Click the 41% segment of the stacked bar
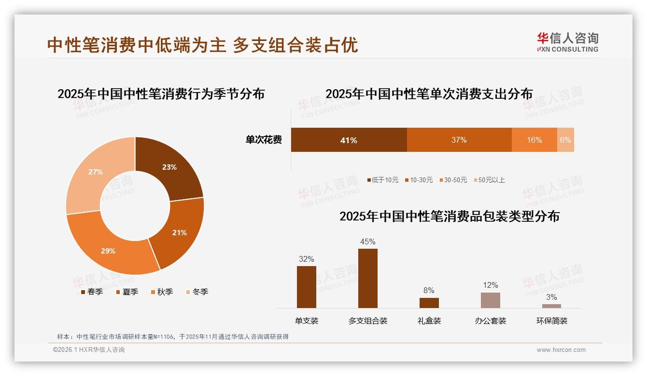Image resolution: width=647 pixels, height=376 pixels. click(349, 140)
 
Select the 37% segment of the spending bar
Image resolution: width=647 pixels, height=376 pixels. click(459, 140)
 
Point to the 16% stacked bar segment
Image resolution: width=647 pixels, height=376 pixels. click(534, 140)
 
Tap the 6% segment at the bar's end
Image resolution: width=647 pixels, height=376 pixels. click(565, 140)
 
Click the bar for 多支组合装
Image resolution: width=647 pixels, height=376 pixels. click(368, 278)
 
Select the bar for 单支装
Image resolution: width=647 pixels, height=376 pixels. click(307, 287)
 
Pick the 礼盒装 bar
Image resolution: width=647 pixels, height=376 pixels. click(429, 303)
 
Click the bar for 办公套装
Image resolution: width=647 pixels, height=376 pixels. click(490, 300)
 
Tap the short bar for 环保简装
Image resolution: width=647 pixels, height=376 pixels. click(551, 306)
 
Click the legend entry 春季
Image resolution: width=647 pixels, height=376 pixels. click(92, 292)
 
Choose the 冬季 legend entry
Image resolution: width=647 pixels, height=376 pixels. click(197, 292)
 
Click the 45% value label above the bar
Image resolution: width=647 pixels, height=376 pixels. click(368, 242)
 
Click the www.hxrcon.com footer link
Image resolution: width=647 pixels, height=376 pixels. click(561, 350)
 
